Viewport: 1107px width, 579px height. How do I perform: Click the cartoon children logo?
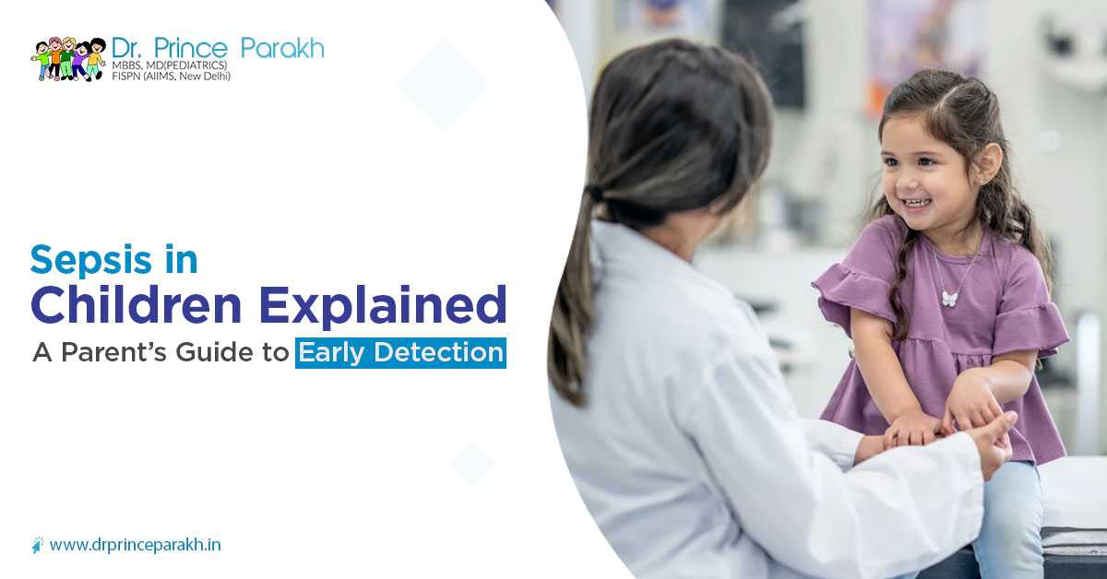click(68, 59)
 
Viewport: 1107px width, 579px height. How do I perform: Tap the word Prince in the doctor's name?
click(191, 49)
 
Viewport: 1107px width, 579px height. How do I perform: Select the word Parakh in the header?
click(282, 49)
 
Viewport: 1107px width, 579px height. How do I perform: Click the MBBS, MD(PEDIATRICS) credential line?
click(170, 65)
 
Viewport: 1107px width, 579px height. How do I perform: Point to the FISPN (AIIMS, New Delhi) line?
click(171, 77)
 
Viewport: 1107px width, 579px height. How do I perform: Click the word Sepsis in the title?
click(91, 260)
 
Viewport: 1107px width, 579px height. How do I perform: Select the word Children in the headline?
click(136, 304)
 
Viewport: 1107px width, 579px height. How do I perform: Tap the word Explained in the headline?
click(383, 305)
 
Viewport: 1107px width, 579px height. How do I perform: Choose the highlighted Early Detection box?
click(400, 353)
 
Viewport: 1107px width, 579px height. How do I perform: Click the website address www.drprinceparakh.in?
click(136, 546)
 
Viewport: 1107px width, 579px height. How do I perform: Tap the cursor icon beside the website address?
click(38, 544)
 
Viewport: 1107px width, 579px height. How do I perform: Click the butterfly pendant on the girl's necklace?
click(949, 298)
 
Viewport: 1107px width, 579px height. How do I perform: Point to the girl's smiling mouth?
click(918, 203)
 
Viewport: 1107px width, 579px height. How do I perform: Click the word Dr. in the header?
click(128, 49)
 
